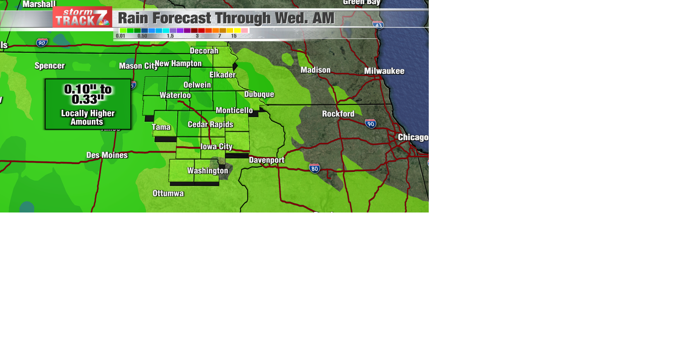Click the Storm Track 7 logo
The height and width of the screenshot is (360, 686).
(x=82, y=17)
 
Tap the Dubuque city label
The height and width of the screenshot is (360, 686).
(x=259, y=94)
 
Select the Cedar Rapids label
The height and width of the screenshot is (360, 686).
(x=210, y=124)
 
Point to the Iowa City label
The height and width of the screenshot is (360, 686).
(x=217, y=146)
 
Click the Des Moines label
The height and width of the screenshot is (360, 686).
(x=107, y=155)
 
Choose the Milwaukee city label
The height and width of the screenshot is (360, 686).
(x=384, y=71)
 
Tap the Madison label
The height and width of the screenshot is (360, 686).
(x=315, y=70)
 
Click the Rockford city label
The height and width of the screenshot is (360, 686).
(x=338, y=114)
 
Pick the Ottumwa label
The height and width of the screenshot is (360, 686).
(x=168, y=193)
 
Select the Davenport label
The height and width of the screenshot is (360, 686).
(x=267, y=160)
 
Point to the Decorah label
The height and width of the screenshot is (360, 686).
(x=204, y=51)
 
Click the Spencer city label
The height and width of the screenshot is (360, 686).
(x=50, y=66)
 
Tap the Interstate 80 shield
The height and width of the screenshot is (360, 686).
(x=314, y=168)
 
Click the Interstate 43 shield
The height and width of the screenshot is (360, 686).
(x=378, y=25)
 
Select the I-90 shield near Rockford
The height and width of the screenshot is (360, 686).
(x=371, y=124)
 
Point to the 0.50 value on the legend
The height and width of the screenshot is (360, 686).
(x=142, y=36)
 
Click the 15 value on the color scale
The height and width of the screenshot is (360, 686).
(x=234, y=36)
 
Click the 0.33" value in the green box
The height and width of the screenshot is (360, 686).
(x=88, y=100)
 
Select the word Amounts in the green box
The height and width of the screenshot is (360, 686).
(x=87, y=122)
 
